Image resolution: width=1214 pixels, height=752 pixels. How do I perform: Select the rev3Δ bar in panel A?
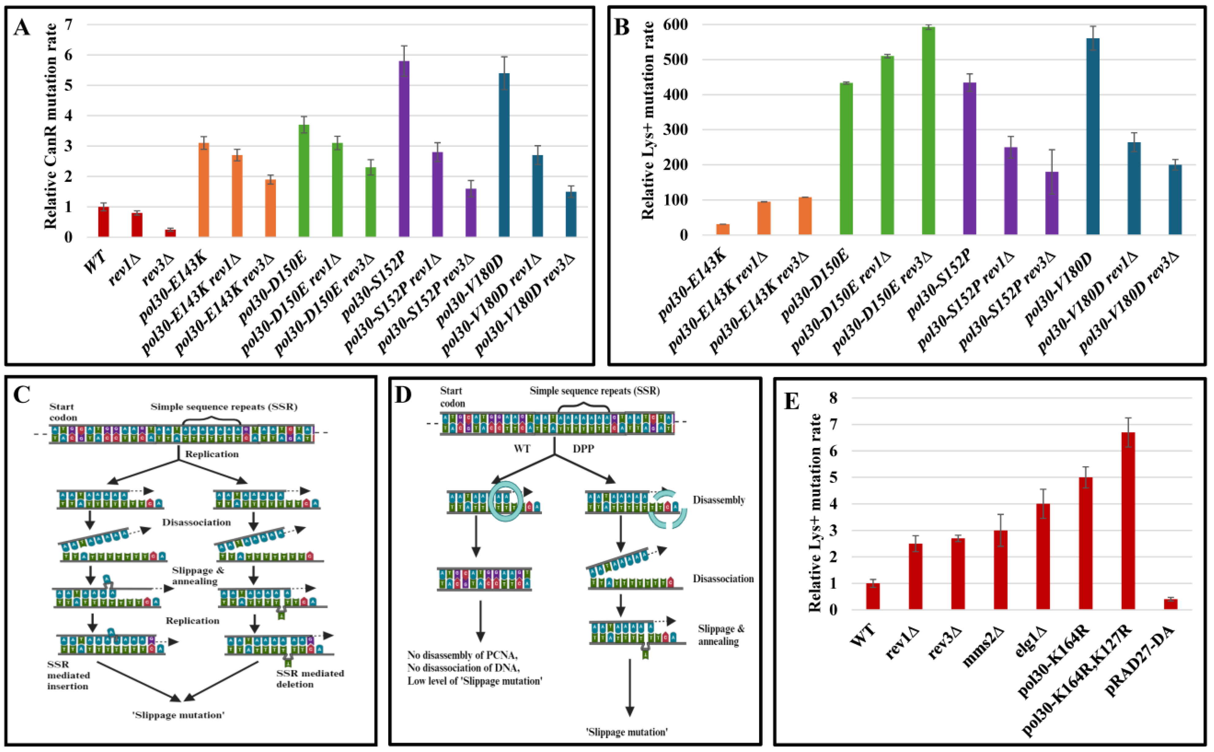pyautogui.click(x=170, y=233)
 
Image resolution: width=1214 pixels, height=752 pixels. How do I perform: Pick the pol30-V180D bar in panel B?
pyautogui.click(x=1092, y=137)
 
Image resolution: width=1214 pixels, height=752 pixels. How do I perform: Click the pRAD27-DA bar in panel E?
pyautogui.click(x=1171, y=604)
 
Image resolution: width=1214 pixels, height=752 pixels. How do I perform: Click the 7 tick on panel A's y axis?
pyautogui.click(x=68, y=24)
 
